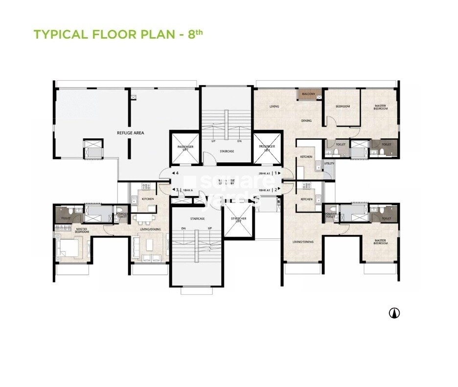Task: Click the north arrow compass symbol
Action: click(394, 313)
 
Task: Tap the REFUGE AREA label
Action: click(130, 133)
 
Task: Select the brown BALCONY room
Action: click(308, 94)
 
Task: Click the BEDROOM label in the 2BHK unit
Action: click(343, 106)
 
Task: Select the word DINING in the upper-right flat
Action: click(306, 121)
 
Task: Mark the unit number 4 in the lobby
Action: click(177, 173)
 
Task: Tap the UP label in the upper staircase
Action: click(213, 141)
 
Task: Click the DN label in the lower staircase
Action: click(183, 229)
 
